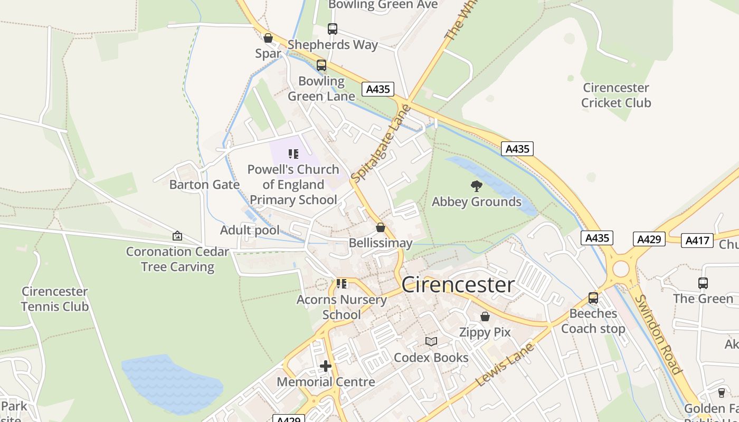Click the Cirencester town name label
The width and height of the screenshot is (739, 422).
pyautogui.click(x=458, y=285)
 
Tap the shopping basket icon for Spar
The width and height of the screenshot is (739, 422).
pyautogui.click(x=268, y=38)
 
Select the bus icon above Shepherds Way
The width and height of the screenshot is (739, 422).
pyautogui.click(x=332, y=29)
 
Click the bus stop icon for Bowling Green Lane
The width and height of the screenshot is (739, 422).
pyautogui.click(x=321, y=65)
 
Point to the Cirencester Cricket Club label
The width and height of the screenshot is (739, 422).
pyautogui.click(x=615, y=95)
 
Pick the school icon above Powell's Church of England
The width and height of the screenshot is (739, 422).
pyautogui.click(x=293, y=154)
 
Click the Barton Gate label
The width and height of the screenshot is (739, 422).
pyautogui.click(x=204, y=185)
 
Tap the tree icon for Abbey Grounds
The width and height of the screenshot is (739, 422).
pyautogui.click(x=476, y=186)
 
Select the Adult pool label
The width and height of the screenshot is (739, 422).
pyautogui.click(x=250, y=230)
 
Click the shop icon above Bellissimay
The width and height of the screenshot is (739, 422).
pyautogui.click(x=380, y=227)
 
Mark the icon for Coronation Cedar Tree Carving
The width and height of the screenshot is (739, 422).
pyautogui.click(x=177, y=236)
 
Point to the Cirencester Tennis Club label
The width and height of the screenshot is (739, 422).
pyautogui.click(x=54, y=299)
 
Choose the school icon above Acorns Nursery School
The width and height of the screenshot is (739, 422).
pyautogui.click(x=342, y=284)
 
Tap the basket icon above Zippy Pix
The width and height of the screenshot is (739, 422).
pyautogui.click(x=485, y=316)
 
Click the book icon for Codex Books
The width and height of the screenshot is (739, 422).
pyautogui.click(x=431, y=342)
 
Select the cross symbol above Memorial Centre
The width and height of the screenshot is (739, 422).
pyautogui.click(x=326, y=366)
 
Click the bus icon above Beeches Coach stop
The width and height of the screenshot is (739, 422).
pyautogui.click(x=593, y=298)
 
